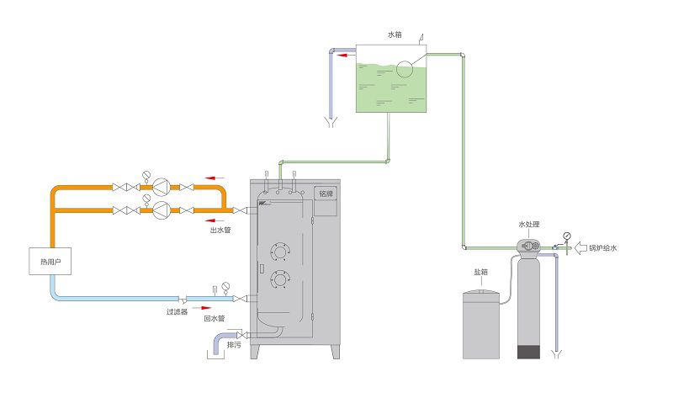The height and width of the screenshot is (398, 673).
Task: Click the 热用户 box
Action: tap(51, 262)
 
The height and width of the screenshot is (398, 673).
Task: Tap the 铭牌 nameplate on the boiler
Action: tap(326, 193)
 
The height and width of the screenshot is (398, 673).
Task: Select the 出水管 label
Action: tap(221, 229)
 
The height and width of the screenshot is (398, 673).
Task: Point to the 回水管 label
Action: tap(215, 319)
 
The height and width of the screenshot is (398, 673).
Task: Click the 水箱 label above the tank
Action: tap(395, 35)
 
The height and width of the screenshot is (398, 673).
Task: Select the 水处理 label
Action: tap(528, 225)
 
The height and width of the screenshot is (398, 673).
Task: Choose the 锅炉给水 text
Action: tap(602, 248)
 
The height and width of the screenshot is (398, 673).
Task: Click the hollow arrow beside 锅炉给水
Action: tap(580, 248)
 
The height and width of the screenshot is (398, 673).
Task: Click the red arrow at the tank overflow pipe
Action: tap(346, 57)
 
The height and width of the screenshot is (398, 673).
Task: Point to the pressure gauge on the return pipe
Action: tap(225, 287)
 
